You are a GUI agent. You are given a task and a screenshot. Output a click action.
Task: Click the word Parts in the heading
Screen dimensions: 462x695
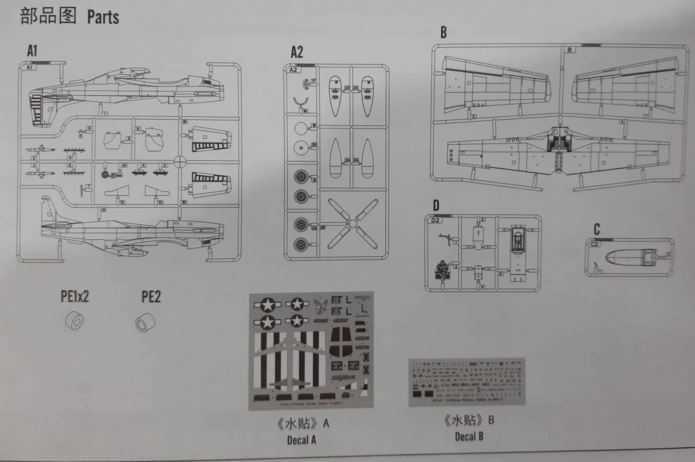point(103,17)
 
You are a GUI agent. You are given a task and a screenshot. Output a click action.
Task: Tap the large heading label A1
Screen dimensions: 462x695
point(32,52)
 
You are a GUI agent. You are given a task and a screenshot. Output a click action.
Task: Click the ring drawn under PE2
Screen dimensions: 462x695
point(144,322)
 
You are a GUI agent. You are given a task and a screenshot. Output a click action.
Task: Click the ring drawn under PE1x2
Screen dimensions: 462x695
point(74,321)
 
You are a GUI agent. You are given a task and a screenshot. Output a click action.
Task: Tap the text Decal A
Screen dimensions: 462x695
point(301,440)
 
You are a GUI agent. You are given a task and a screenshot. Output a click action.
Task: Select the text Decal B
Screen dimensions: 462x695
point(470,436)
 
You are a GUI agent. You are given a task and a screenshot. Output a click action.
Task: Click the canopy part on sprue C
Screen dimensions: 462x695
point(628,257)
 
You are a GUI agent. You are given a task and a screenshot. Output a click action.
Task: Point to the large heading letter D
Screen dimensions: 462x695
point(436,205)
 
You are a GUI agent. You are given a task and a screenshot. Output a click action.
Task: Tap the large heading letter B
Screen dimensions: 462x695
point(443,33)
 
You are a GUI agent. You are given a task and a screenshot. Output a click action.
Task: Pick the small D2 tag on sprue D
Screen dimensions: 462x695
point(436,220)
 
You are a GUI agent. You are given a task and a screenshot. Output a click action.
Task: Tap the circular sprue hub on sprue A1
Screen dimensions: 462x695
point(180,161)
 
